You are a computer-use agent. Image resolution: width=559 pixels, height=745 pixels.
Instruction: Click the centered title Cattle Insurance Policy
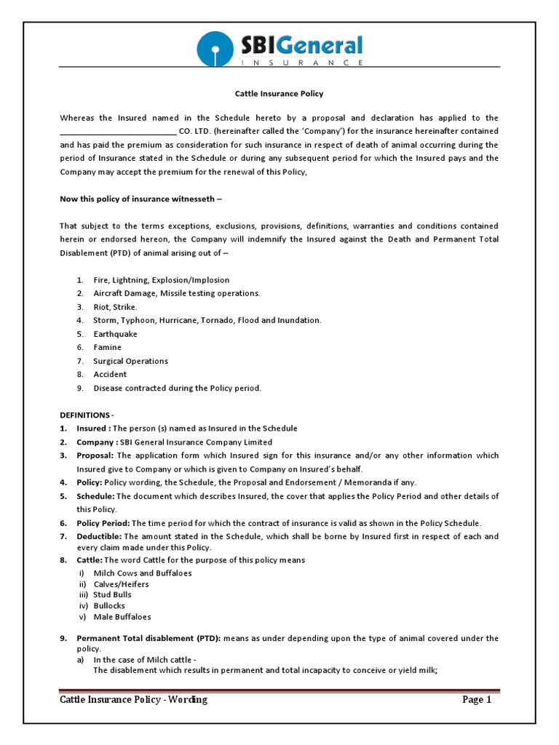coord(279,94)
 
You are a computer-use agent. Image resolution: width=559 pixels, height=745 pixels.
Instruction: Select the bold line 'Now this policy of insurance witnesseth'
coord(140,199)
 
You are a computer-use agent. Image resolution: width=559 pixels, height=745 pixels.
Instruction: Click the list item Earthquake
coord(115,334)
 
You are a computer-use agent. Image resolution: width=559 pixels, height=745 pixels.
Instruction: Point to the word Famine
coord(107,348)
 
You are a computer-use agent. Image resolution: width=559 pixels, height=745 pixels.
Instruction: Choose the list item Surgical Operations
coord(130,361)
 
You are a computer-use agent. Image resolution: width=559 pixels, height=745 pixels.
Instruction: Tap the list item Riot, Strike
coord(115,307)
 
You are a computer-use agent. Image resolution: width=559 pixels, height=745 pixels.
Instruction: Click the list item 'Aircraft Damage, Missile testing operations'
coord(176,293)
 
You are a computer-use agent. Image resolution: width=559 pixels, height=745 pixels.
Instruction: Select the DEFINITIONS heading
coord(87,415)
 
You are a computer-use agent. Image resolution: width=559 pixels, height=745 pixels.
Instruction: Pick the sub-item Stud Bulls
coord(112,594)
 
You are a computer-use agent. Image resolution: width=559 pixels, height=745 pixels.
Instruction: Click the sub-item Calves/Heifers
coord(121,584)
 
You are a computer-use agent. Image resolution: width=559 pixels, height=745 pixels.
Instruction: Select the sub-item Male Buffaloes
coord(122,617)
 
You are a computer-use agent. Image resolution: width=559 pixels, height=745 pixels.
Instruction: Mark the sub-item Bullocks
coord(109,605)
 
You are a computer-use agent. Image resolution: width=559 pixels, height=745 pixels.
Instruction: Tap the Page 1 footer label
coord(477,700)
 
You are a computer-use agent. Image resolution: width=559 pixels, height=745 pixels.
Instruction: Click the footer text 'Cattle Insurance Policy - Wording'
coord(134,700)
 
